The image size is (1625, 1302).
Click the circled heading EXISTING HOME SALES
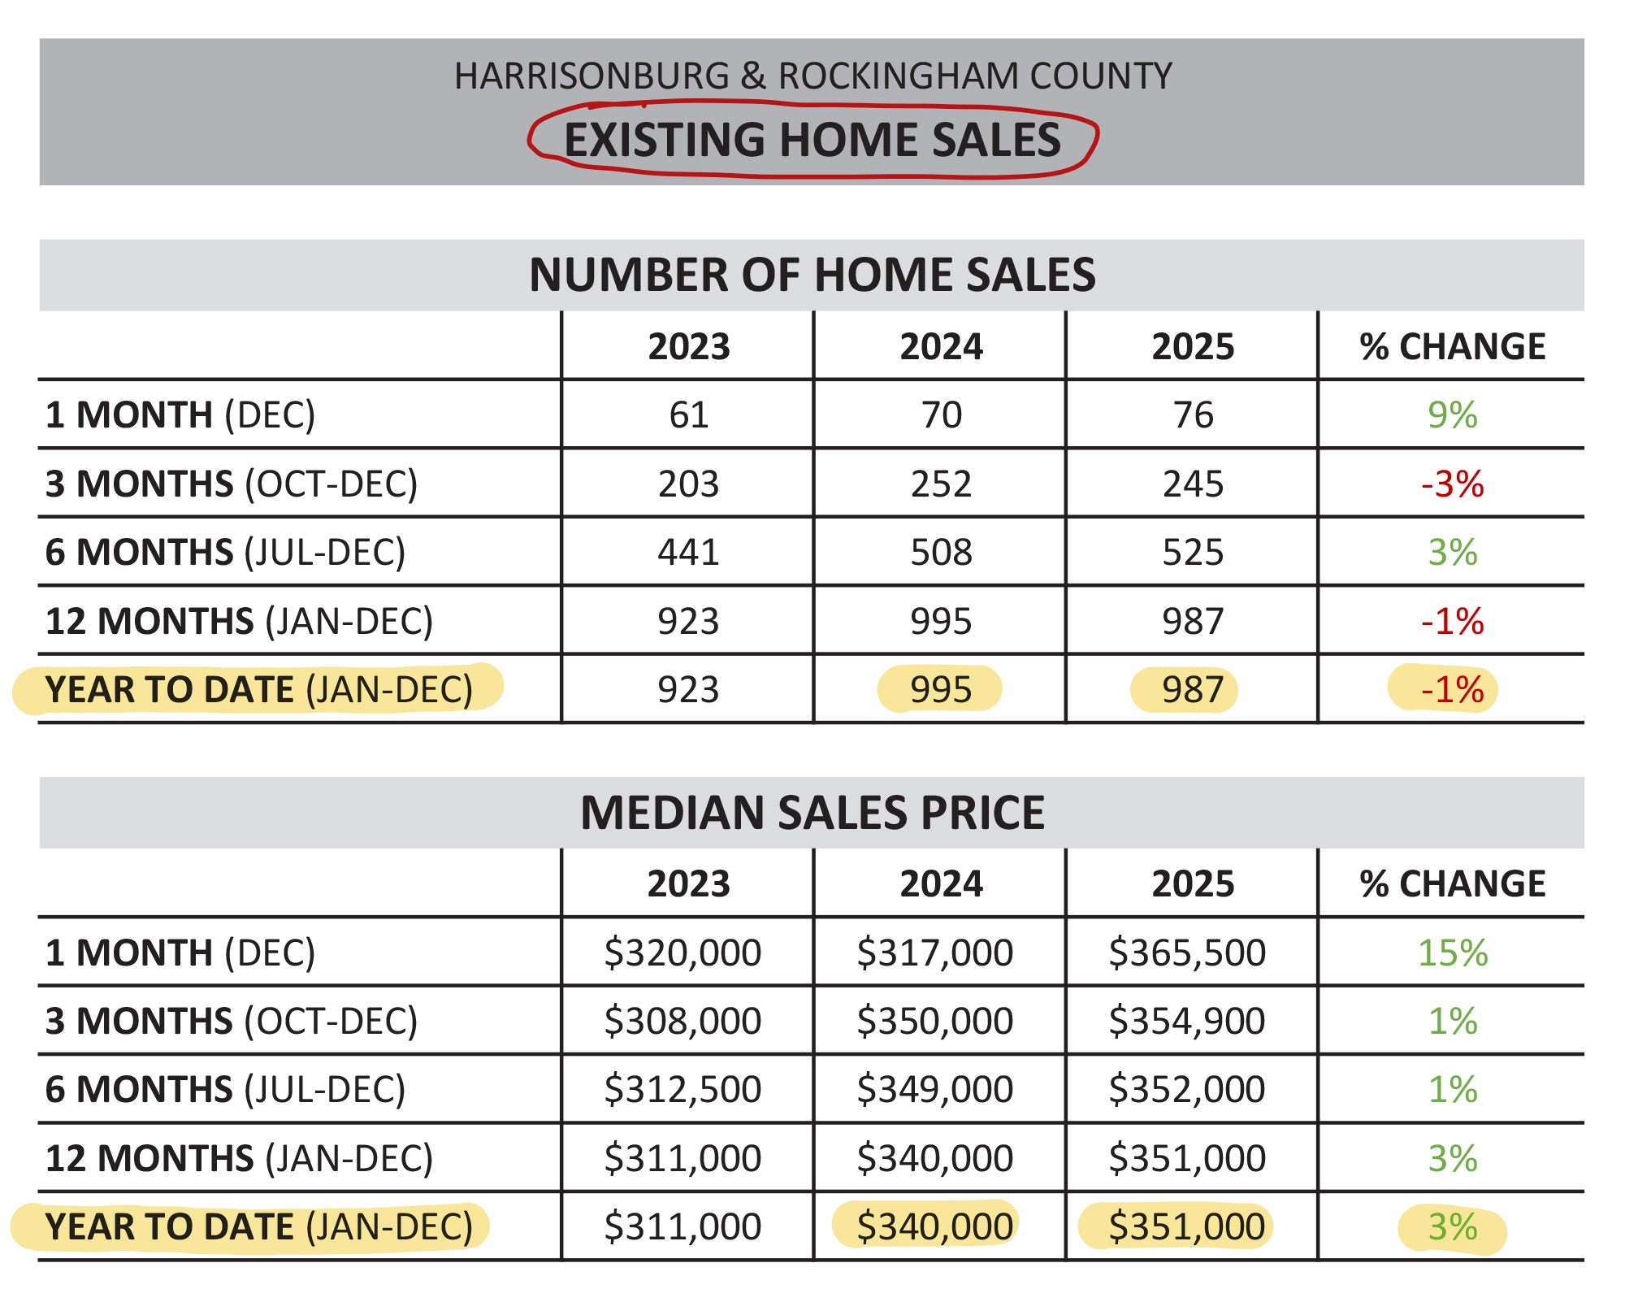point(812,139)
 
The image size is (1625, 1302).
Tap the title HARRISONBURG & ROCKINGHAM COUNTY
point(812,76)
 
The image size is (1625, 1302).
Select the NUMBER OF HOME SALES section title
point(812,275)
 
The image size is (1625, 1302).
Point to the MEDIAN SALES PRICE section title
point(812,813)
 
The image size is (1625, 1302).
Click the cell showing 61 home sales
point(688,415)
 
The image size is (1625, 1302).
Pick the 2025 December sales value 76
point(1193,415)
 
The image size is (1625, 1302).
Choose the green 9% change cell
point(1452,415)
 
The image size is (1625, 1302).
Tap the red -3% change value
point(1452,484)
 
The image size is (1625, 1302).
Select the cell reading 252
point(941,484)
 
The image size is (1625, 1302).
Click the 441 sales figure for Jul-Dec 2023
point(688,553)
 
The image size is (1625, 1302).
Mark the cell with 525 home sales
point(1193,553)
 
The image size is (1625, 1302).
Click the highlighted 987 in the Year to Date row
point(1192,690)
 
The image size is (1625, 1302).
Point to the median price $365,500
point(1187,953)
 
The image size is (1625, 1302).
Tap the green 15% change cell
point(1452,953)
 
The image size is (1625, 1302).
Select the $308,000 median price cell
point(682,1021)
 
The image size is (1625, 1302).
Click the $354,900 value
point(1187,1021)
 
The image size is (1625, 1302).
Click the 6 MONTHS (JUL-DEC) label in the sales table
point(225,553)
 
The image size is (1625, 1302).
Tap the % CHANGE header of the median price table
point(1452,883)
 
